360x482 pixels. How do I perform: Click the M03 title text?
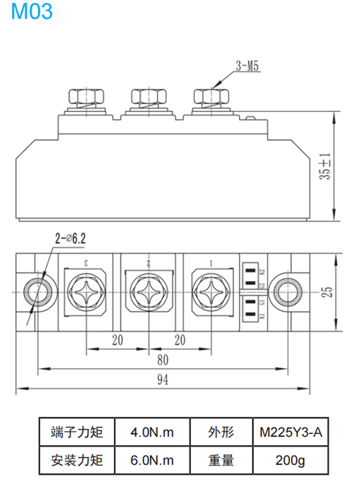point(32,11)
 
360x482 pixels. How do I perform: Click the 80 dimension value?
point(163,360)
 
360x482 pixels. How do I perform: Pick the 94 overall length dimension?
point(162,379)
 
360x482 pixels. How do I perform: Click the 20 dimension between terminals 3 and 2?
point(118,340)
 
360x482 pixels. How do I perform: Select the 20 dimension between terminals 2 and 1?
point(179,340)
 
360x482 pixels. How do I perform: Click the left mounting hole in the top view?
point(39,292)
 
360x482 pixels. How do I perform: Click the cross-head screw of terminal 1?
point(211,292)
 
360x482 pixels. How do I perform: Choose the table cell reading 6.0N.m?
point(152,460)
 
